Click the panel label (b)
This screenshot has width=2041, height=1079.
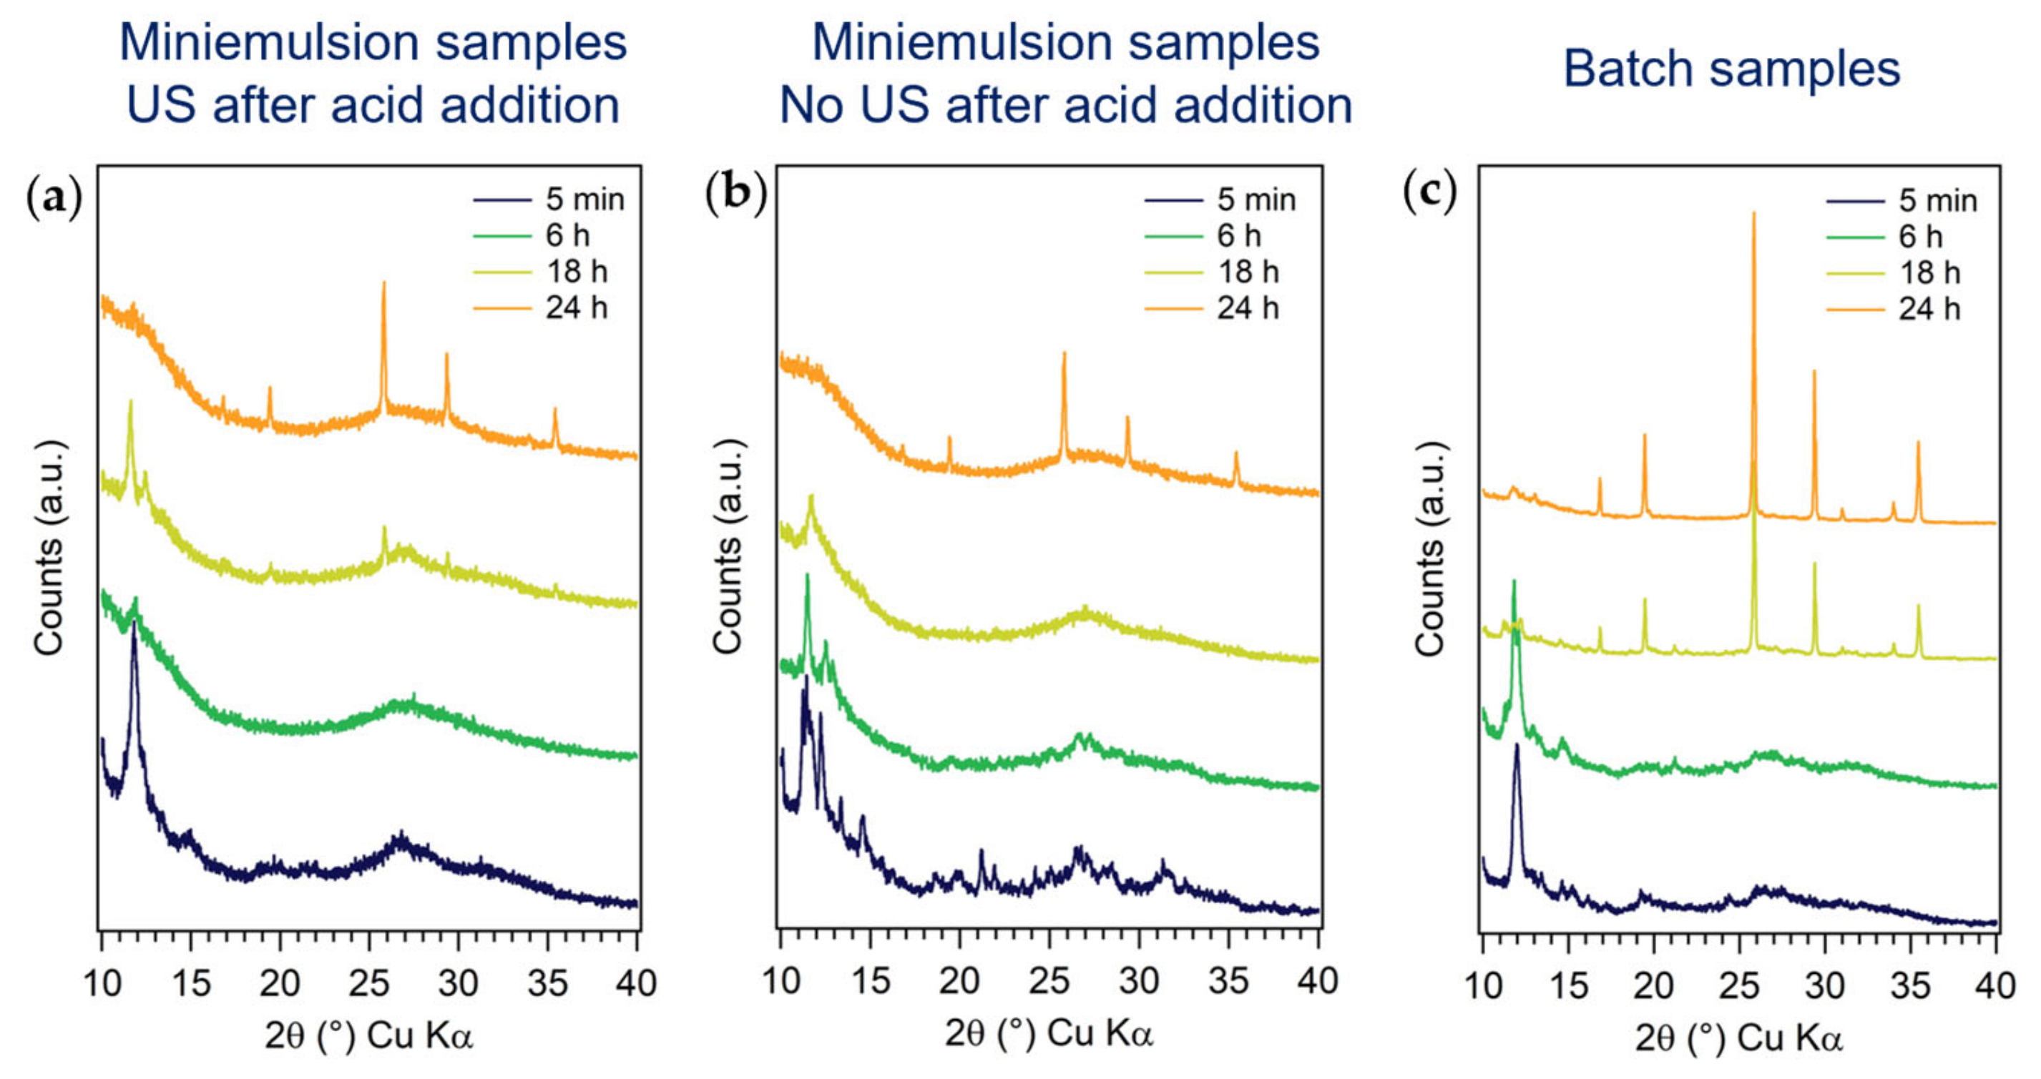click(x=735, y=193)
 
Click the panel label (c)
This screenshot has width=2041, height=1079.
click(x=1429, y=192)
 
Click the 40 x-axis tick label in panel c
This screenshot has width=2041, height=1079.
click(x=1995, y=985)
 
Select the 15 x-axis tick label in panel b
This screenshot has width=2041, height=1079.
click(x=870, y=982)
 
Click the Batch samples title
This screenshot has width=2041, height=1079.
click(x=1731, y=69)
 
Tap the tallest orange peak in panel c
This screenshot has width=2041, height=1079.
click(x=1753, y=218)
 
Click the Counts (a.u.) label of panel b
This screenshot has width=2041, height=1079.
click(x=727, y=546)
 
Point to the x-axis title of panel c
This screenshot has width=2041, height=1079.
click(x=1738, y=1037)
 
